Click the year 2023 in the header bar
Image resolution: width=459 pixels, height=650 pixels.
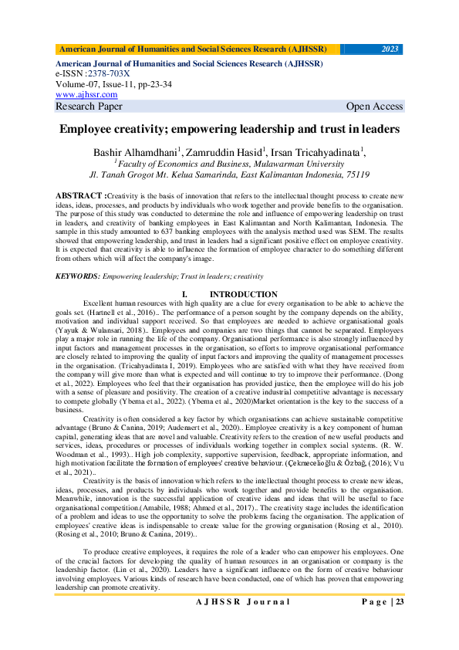click(x=390, y=49)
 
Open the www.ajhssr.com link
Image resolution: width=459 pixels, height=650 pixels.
click(x=86, y=94)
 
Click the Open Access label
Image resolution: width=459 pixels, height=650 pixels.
click(x=374, y=107)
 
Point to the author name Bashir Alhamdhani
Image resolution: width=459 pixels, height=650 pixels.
click(x=136, y=151)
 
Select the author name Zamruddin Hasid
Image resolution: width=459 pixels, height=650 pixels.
click(x=224, y=151)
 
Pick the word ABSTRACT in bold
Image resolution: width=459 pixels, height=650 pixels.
click(x=79, y=197)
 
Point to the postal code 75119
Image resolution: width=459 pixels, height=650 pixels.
click(x=354, y=174)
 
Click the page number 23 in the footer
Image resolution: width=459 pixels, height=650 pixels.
click(x=399, y=624)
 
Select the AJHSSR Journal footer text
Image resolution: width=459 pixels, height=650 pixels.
click(x=242, y=624)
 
